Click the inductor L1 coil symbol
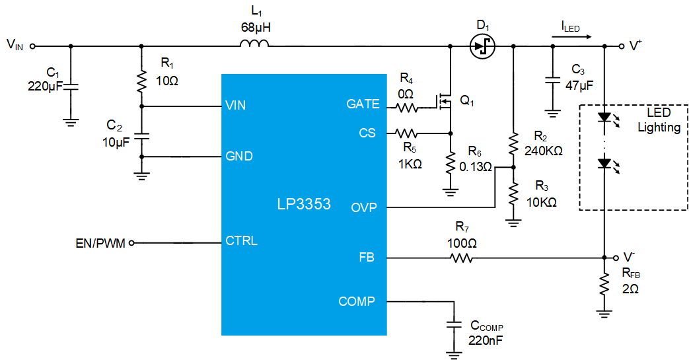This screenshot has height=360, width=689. point(254,43)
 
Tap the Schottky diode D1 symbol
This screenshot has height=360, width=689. point(482,46)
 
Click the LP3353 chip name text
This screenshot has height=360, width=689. point(304,204)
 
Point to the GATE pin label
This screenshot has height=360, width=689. point(363,104)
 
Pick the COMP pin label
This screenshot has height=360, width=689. point(356,301)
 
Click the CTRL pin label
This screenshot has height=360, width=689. point(241,241)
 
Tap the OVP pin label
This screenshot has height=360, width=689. point(364,207)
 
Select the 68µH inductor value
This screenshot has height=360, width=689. point(256,28)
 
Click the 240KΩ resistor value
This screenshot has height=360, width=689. point(544,151)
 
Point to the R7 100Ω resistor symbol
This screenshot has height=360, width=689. point(462,258)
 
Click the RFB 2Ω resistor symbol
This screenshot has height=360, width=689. point(604,285)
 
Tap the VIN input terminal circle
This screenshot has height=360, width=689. point(32,46)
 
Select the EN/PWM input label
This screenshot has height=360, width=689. point(100,243)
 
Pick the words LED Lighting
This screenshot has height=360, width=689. point(659,120)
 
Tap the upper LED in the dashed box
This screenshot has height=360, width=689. point(605,118)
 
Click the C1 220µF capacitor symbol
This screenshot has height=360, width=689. point(70,87)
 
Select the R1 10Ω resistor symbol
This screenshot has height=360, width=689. point(141,82)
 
